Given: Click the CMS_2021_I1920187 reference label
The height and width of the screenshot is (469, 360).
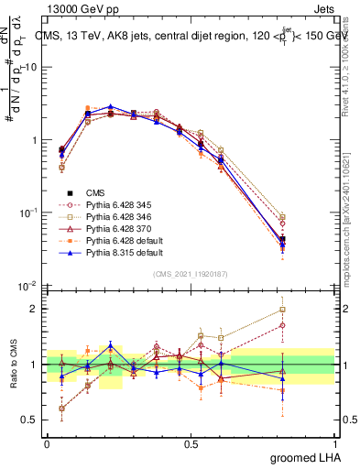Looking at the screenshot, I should (191, 273).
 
